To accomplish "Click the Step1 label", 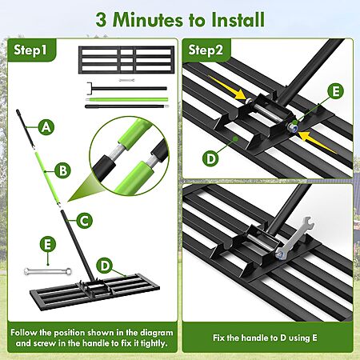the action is (x=30, y=50).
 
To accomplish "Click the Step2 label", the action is (x=206, y=50).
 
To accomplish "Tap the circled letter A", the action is (x=46, y=127).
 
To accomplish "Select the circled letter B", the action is (x=63, y=170).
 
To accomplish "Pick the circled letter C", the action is (x=85, y=221).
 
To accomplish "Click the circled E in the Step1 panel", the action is (x=48, y=244).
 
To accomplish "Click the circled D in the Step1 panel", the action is (x=105, y=266).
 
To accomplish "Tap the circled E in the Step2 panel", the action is (x=336, y=91).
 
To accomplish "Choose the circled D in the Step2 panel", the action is (x=210, y=159).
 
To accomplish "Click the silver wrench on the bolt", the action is (x=295, y=238).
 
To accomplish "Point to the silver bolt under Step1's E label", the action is (x=48, y=271).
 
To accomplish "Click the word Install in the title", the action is (x=238, y=19).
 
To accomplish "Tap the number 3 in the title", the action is (x=102, y=20).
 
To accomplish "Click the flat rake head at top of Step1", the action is (x=126, y=60).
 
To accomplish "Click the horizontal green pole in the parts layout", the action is (x=127, y=99).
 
